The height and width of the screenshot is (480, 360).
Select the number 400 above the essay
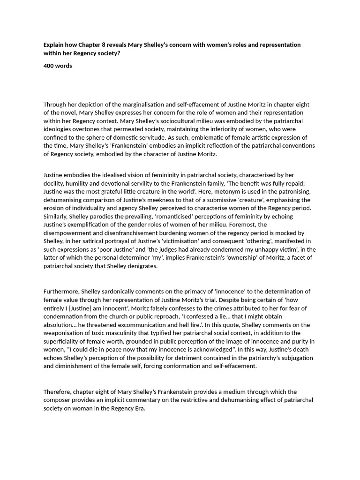click(49, 66)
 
